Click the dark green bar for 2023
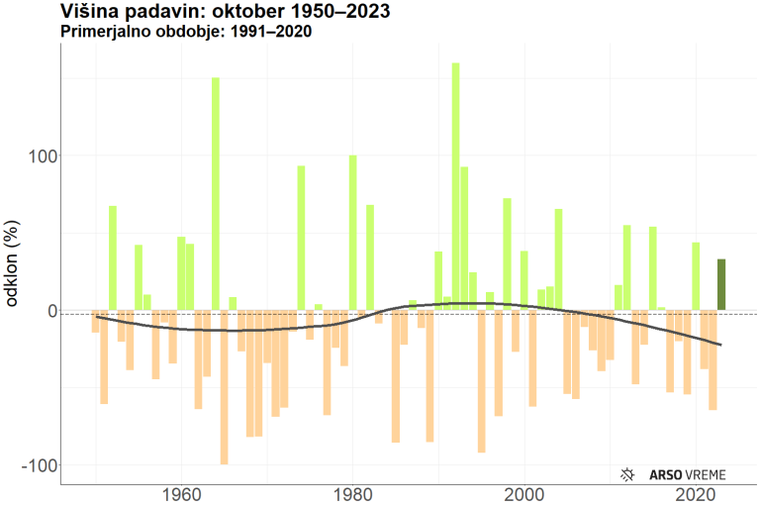(721, 285)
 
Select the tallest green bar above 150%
(455, 187)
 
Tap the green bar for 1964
(215, 194)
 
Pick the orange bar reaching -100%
(224, 387)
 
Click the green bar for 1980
(352, 233)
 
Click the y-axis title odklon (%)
(14, 265)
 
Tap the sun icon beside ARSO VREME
(626, 475)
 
